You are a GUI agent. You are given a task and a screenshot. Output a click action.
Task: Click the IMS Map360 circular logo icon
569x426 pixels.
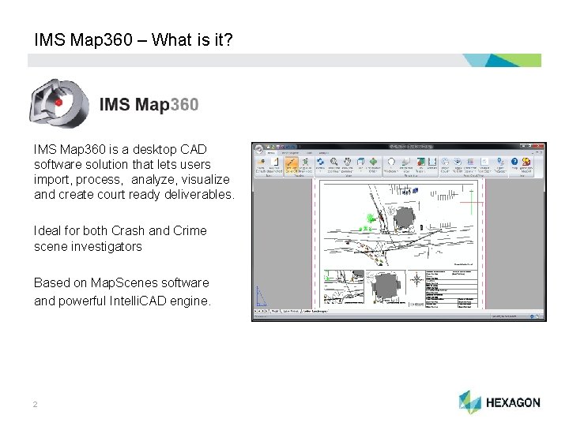(57, 103)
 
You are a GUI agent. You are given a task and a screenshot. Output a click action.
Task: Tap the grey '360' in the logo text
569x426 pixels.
(183, 104)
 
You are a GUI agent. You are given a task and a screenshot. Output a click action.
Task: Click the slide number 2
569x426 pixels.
(36, 405)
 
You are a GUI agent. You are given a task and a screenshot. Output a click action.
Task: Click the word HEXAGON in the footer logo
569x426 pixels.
(514, 403)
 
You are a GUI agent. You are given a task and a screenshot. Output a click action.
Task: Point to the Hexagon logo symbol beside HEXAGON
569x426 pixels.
(469, 402)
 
